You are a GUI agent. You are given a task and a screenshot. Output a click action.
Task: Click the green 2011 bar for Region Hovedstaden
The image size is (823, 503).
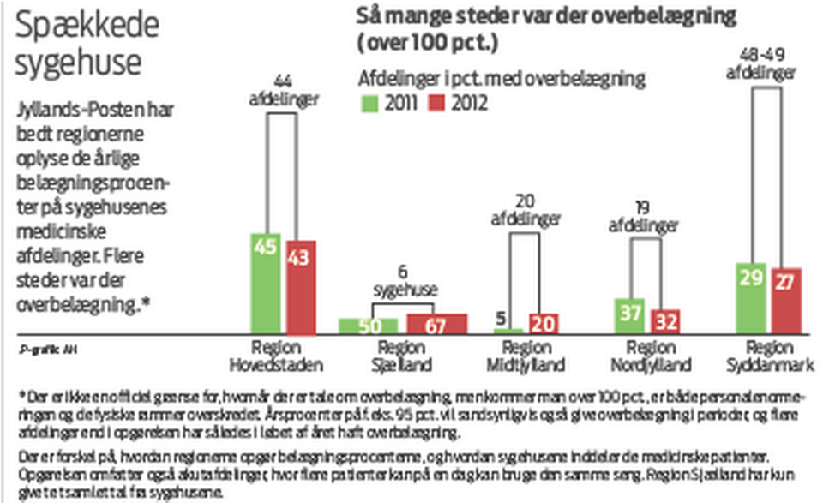tap(267, 283)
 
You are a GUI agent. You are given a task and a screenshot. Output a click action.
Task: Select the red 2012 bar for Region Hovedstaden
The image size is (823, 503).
tap(301, 287)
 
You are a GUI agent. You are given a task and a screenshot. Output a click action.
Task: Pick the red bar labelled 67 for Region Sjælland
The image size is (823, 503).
tap(436, 324)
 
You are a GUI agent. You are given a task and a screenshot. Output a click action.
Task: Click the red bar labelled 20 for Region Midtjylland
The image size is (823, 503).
tap(542, 323)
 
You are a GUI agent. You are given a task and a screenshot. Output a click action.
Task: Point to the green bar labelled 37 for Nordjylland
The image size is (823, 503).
tap(630, 315)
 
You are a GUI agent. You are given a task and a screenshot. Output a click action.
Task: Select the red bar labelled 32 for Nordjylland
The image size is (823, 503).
tap(664, 320)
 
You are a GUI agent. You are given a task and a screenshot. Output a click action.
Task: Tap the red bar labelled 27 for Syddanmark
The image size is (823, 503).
tap(786, 301)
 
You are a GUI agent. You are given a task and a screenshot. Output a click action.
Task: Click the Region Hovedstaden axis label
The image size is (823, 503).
tap(275, 357)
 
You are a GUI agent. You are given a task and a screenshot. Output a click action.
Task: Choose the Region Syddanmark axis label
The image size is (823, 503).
tap(768, 357)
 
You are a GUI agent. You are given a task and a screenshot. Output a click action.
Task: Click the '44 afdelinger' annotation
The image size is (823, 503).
tap(282, 91)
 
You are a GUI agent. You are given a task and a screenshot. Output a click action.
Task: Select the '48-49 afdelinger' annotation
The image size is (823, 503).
tap(766, 65)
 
